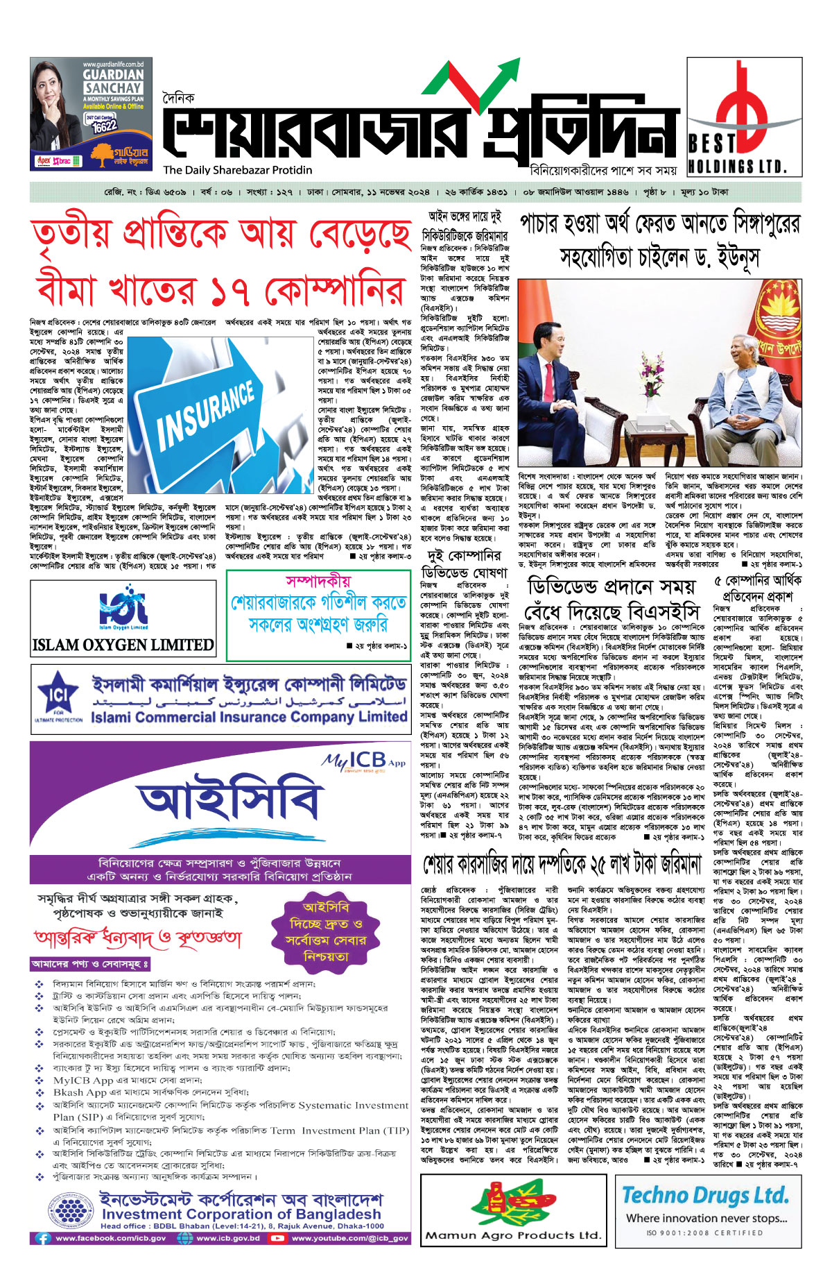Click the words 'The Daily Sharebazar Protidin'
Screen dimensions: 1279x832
237,170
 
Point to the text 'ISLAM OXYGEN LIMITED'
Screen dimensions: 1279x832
123,645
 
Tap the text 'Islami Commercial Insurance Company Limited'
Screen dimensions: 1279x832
249,716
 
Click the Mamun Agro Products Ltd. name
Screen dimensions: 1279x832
513,1235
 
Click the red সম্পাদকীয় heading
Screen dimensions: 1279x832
318,581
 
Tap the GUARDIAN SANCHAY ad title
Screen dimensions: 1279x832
113,81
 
